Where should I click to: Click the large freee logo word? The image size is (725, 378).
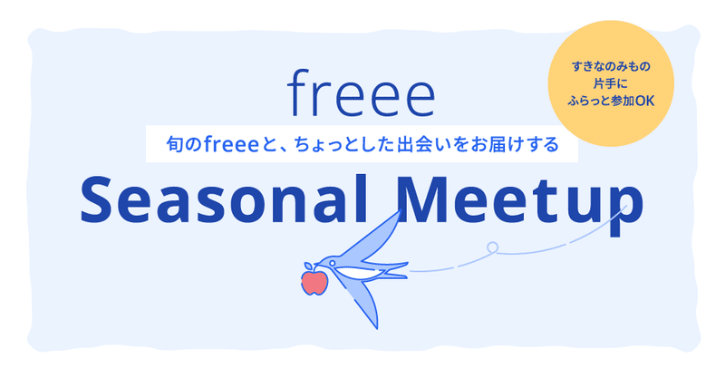pyautogui.click(x=361, y=93)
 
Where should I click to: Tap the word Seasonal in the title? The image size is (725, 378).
pyautogui.click(x=224, y=199)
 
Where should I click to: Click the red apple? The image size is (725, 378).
pyautogui.click(x=314, y=283)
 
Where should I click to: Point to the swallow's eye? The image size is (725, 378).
pyautogui.click(x=332, y=263)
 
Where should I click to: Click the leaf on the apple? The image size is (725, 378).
pyautogui.click(x=308, y=267)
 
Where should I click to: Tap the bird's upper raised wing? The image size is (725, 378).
pyautogui.click(x=375, y=236)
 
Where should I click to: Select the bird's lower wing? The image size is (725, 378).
pyautogui.click(x=365, y=301)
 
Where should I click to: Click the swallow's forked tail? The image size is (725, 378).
pyautogui.click(x=393, y=270)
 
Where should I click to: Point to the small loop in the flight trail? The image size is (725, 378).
pyautogui.click(x=493, y=247)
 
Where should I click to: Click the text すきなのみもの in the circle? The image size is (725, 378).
pyautogui.click(x=611, y=66)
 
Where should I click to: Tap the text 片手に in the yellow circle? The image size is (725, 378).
pyautogui.click(x=611, y=83)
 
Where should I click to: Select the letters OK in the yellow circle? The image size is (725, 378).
pyautogui.click(x=645, y=102)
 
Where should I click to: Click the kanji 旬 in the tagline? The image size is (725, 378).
pyautogui.click(x=175, y=144)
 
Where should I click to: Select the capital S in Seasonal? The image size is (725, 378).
pyautogui.click(x=96, y=199)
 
